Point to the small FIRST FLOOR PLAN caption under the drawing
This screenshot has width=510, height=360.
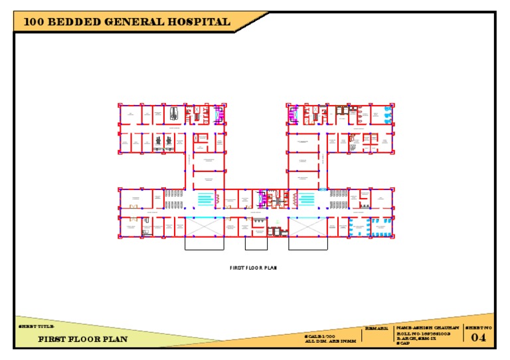[x=252, y=268]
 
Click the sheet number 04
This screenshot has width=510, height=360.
[x=479, y=337]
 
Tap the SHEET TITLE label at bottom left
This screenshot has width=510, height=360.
[x=32, y=327]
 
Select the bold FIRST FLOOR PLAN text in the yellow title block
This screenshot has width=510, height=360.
[x=82, y=339]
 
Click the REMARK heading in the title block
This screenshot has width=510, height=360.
[x=377, y=328]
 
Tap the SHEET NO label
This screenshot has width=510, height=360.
[x=478, y=327]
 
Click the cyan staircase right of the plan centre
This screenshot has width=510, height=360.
[x=307, y=198]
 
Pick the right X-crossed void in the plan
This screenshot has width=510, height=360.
[x=308, y=226]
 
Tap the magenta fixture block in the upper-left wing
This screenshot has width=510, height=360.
[x=219, y=114]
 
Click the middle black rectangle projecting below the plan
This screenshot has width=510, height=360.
[x=256, y=243]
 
